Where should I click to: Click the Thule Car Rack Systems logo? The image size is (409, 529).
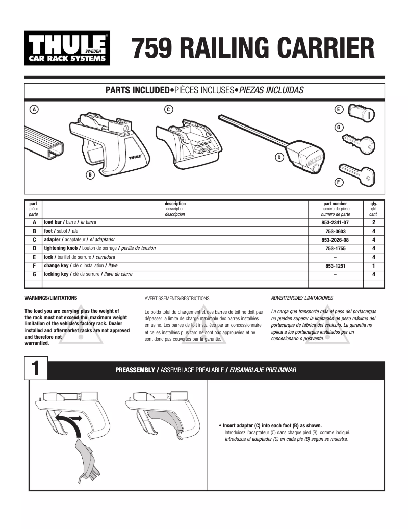point(67,48)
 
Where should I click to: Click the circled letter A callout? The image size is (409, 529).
point(34,109)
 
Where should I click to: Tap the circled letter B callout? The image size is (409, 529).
point(90,175)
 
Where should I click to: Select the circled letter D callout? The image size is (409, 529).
point(279,157)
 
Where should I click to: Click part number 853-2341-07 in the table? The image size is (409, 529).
point(335,223)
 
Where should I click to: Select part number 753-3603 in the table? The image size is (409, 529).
point(335,232)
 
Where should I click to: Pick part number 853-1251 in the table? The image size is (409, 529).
point(335,266)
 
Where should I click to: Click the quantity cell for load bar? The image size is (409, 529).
point(374,223)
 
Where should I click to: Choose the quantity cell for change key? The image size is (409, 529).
point(374,266)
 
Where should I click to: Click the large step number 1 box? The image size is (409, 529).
point(36,370)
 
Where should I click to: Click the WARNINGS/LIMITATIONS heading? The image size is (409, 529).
point(50,297)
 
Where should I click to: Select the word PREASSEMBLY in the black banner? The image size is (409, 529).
point(135,370)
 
